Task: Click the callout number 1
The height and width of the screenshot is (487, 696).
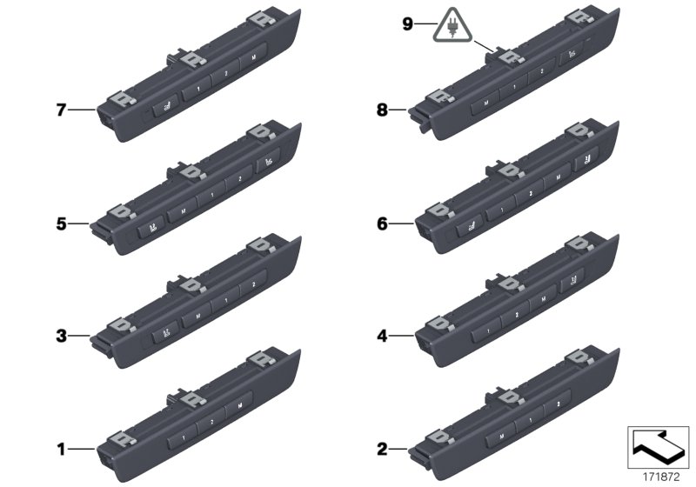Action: (x=61, y=450)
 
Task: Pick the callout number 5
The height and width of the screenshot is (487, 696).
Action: (x=61, y=223)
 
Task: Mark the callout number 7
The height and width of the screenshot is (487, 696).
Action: (x=61, y=110)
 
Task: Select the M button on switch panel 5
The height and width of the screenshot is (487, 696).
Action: (x=183, y=211)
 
